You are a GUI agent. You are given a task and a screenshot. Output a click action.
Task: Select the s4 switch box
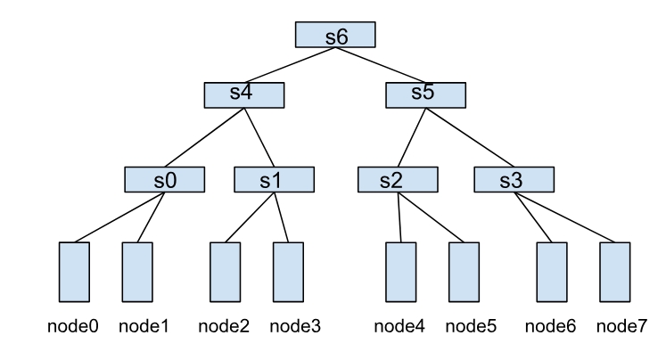click(243, 94)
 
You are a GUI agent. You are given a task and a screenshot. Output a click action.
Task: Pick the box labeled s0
click(164, 180)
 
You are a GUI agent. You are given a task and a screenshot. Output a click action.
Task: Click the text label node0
click(72, 326)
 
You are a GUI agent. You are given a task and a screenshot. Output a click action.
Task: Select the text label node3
click(295, 326)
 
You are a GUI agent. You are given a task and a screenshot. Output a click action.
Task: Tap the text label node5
click(472, 326)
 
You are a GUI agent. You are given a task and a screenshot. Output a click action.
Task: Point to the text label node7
click(623, 326)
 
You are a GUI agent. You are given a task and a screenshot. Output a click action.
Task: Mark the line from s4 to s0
click(201, 137)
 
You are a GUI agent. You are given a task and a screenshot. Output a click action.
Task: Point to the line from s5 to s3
click(473, 137)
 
